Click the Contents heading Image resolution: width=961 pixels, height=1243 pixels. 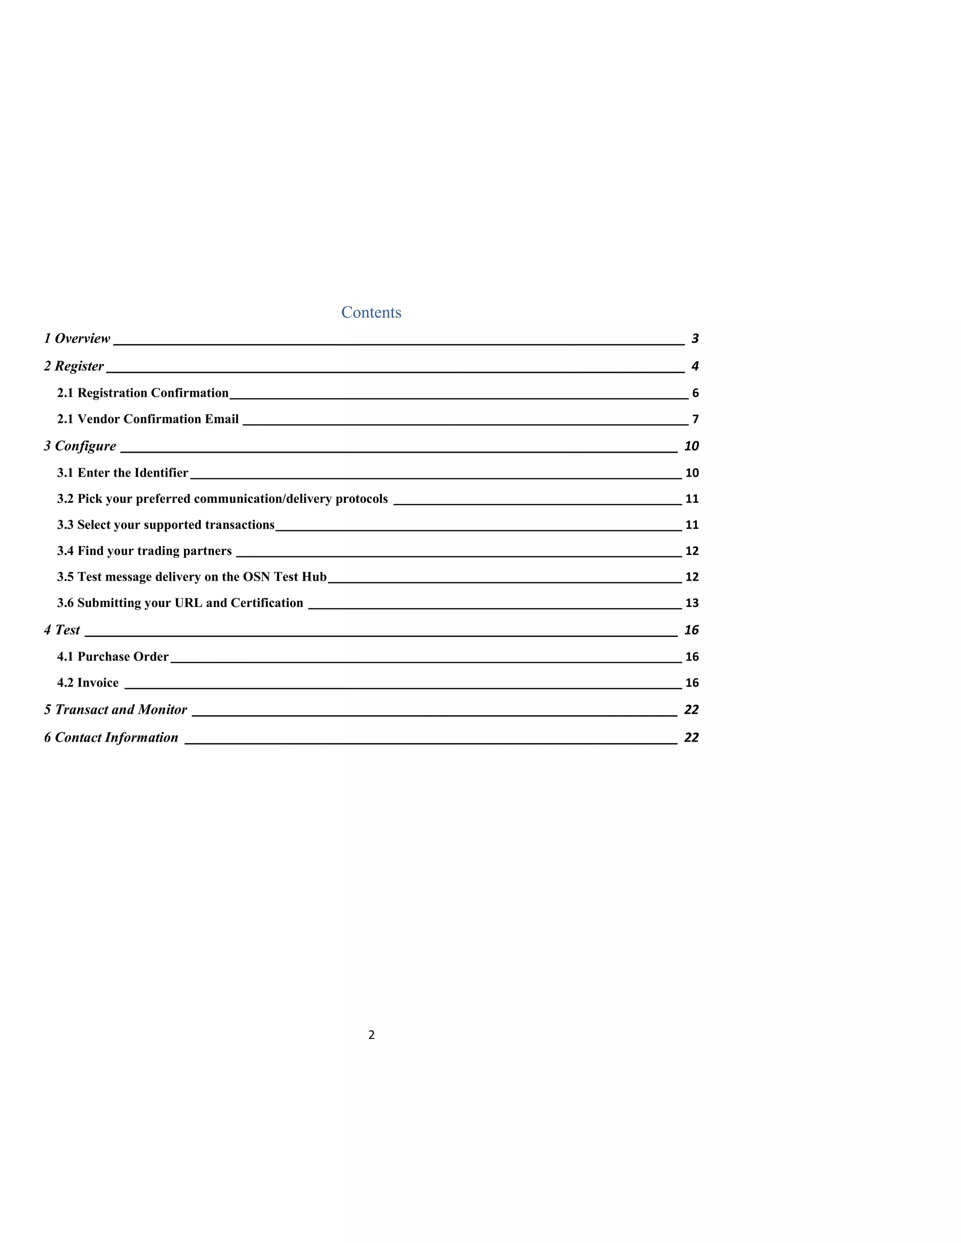coord(371,312)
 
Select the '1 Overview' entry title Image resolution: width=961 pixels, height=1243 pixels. coord(77,339)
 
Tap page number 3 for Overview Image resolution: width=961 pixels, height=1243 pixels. coord(694,339)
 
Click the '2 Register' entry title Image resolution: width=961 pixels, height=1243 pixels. coord(74,366)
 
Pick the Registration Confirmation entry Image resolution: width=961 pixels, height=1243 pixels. coord(142,393)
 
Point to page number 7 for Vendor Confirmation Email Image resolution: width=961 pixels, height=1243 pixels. coord(695,419)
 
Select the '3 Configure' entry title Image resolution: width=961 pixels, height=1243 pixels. coord(80,446)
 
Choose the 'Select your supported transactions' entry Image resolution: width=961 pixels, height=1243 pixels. coord(166,525)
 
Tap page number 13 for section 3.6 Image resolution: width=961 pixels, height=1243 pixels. coord(692,603)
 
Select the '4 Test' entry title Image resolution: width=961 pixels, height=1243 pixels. coord(62,630)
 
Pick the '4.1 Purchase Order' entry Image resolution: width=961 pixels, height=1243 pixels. coord(113,657)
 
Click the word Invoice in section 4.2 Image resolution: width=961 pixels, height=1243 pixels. coord(98,683)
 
